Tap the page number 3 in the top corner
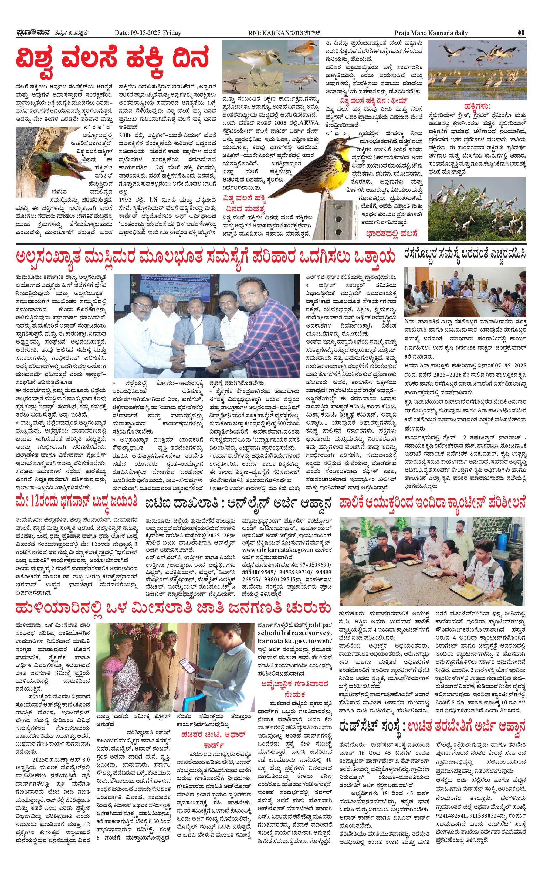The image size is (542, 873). coord(521,33)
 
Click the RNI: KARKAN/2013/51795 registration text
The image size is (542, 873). coord(284,33)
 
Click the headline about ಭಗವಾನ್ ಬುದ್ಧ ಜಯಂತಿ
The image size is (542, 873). coord(76,502)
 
